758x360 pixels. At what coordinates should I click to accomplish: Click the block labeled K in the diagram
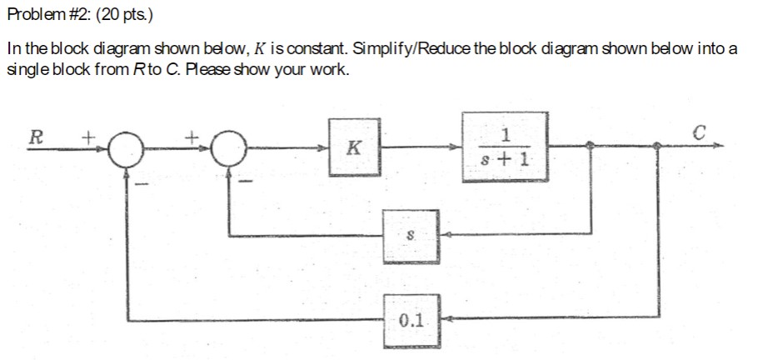(353, 147)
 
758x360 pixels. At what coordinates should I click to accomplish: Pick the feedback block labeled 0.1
(411, 318)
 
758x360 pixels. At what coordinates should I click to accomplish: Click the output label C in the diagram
(698, 131)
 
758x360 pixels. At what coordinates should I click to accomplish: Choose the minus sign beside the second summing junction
(247, 177)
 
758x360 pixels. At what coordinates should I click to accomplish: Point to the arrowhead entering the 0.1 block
(445, 317)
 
